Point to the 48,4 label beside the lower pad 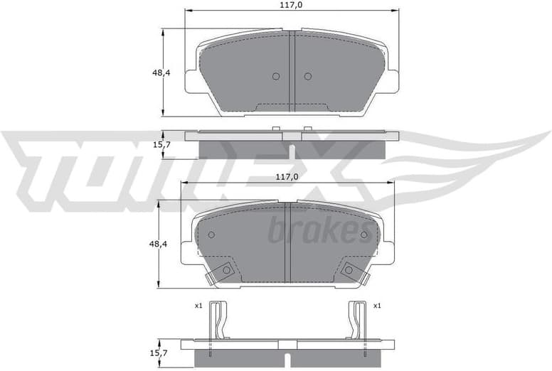(x=158, y=244)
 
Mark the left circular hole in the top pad (x=276, y=77)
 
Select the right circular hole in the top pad (x=307, y=77)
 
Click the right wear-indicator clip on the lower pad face (x=350, y=271)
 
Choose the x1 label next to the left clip (x=198, y=306)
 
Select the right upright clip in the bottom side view (x=358, y=323)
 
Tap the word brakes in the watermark (x=320, y=230)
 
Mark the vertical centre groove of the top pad (x=292, y=71)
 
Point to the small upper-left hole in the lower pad (x=211, y=235)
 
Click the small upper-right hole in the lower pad (x=364, y=234)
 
